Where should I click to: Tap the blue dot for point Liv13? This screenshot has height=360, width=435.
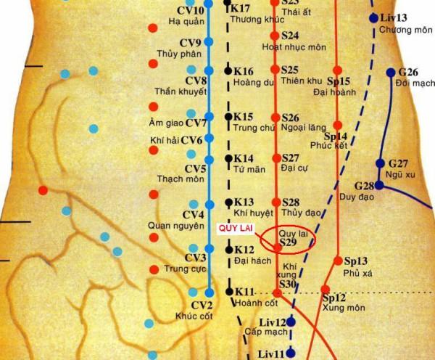coord(373,18)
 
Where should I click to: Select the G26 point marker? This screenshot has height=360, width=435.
coord(391,73)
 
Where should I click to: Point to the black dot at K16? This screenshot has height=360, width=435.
coord(228,71)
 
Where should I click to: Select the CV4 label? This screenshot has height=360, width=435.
coord(194,215)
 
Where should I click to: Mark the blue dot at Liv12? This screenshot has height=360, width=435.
coord(291,322)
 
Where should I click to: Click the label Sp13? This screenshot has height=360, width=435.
coord(356,261)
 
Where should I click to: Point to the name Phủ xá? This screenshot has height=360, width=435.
coord(357,273)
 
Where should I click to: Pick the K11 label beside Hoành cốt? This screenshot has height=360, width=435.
coord(244,291)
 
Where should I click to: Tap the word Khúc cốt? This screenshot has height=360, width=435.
coord(191,316)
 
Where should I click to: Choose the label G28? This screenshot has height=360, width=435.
coord(364,185)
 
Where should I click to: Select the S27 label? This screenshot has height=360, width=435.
coord(290,157)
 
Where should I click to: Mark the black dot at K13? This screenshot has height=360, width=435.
coord(228,202)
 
